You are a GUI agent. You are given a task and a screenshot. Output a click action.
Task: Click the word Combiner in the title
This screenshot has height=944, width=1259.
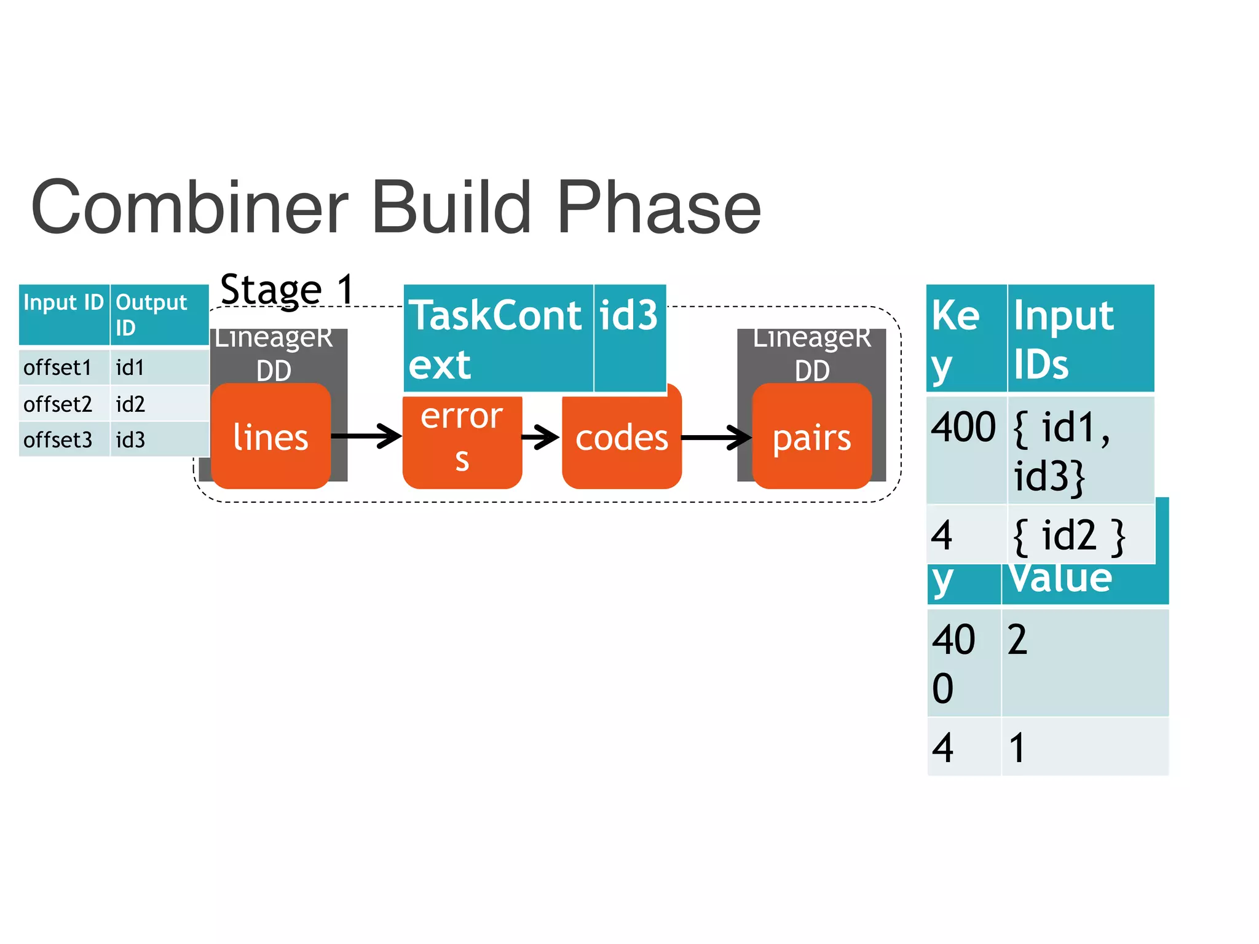coord(189,207)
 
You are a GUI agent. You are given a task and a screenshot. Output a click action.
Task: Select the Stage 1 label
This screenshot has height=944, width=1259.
coord(287,289)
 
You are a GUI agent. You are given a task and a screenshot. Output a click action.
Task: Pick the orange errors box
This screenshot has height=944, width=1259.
coord(462,439)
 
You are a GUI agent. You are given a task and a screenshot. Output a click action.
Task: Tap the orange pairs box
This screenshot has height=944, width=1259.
coord(811,438)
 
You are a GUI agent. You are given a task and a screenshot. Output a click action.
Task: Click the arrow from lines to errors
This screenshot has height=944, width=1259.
coord(366,436)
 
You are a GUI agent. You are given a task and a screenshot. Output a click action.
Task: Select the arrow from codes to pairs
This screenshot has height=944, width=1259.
coord(716,438)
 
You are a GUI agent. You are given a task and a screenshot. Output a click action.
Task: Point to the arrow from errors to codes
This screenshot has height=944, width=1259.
coord(541,438)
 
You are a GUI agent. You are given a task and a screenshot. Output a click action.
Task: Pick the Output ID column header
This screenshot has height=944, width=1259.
coord(159,314)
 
